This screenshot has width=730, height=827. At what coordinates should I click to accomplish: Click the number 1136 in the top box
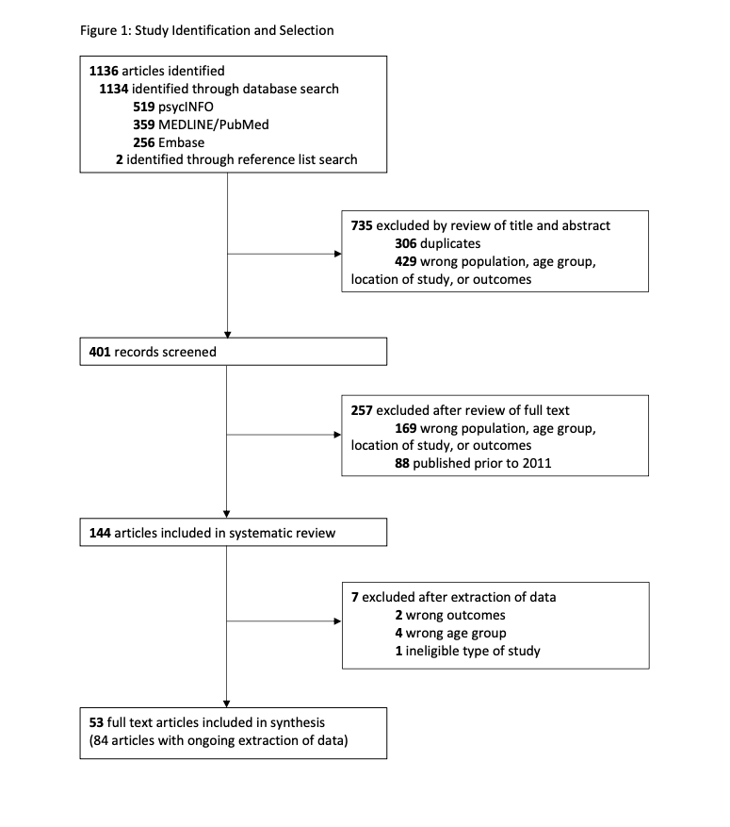point(104,71)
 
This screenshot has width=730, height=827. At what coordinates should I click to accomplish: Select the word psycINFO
point(186,108)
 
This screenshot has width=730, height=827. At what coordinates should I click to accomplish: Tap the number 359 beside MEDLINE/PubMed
point(144,124)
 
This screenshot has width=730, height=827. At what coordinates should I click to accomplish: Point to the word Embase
point(181,142)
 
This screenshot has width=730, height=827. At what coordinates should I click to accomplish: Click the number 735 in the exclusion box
point(362,225)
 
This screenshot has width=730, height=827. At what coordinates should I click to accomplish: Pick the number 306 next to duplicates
point(406,243)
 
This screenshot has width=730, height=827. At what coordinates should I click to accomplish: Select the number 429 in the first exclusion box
point(406,261)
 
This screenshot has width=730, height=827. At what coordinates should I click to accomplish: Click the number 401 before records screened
point(100,352)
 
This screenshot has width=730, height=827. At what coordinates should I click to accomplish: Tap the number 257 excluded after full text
point(362,410)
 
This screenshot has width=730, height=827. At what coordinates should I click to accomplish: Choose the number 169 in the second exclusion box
point(406,428)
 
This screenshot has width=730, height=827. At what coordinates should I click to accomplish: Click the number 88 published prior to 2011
point(402,463)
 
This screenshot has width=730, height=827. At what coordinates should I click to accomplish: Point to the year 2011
point(537,463)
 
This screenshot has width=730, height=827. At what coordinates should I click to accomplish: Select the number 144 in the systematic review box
point(100,533)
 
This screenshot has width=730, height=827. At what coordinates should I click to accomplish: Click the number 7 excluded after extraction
point(355,597)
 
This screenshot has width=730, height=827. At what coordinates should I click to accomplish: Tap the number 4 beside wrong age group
point(398,633)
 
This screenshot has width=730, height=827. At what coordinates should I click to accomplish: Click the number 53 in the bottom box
point(96,722)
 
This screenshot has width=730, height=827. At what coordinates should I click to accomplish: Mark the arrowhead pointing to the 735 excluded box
point(338,254)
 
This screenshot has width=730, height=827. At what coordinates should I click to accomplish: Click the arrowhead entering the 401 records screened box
point(228,335)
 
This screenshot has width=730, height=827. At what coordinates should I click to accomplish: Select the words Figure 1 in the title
point(104,30)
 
